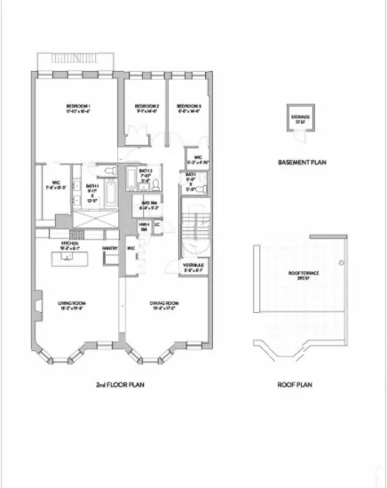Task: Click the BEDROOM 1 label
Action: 78,107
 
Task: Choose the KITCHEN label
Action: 70,243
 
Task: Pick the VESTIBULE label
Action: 194,265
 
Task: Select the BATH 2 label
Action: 146,171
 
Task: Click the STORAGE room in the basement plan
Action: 300,121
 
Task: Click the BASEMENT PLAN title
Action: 299,162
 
